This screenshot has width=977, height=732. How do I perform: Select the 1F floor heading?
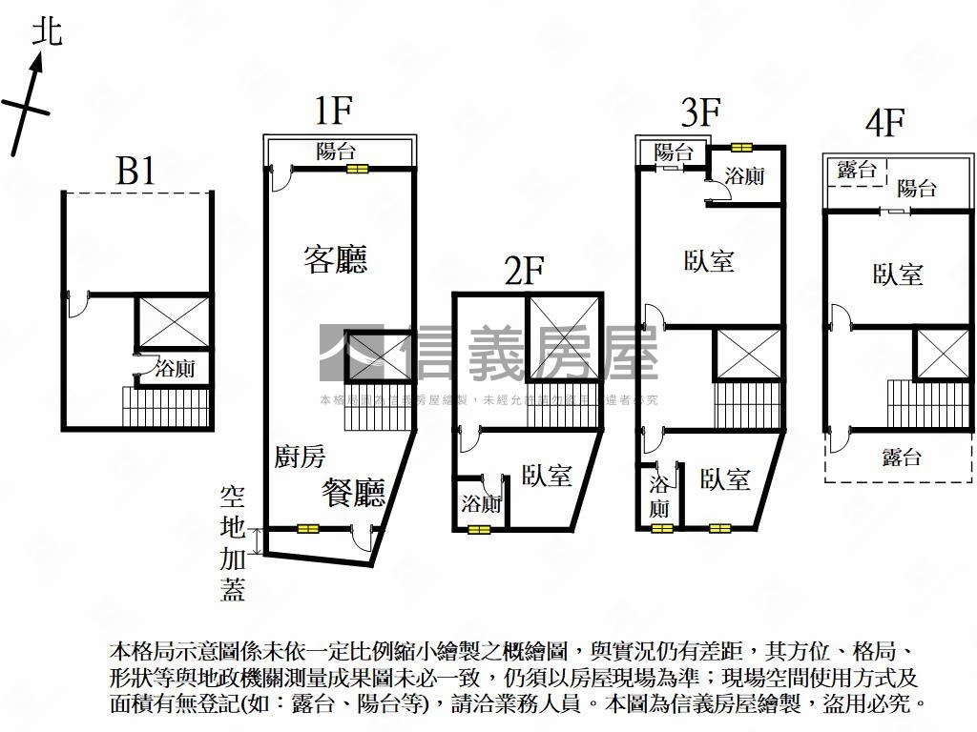pos(334,112)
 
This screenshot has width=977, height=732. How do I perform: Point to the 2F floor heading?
pos(524,272)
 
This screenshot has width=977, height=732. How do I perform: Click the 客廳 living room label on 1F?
pos(336,259)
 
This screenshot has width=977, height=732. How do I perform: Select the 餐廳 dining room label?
pos(353,492)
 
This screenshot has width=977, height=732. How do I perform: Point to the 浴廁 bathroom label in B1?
pos(175,369)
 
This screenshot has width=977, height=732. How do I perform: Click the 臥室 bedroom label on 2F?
pos(547,476)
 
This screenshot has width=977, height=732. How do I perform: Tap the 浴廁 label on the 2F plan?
pos(480,503)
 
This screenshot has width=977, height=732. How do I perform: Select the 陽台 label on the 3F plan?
pos(674,152)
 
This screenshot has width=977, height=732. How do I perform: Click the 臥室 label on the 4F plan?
pos(898,274)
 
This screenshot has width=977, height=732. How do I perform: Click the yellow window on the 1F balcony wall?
pos(358,169)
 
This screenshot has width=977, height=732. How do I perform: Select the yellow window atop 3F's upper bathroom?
pos(741,147)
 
